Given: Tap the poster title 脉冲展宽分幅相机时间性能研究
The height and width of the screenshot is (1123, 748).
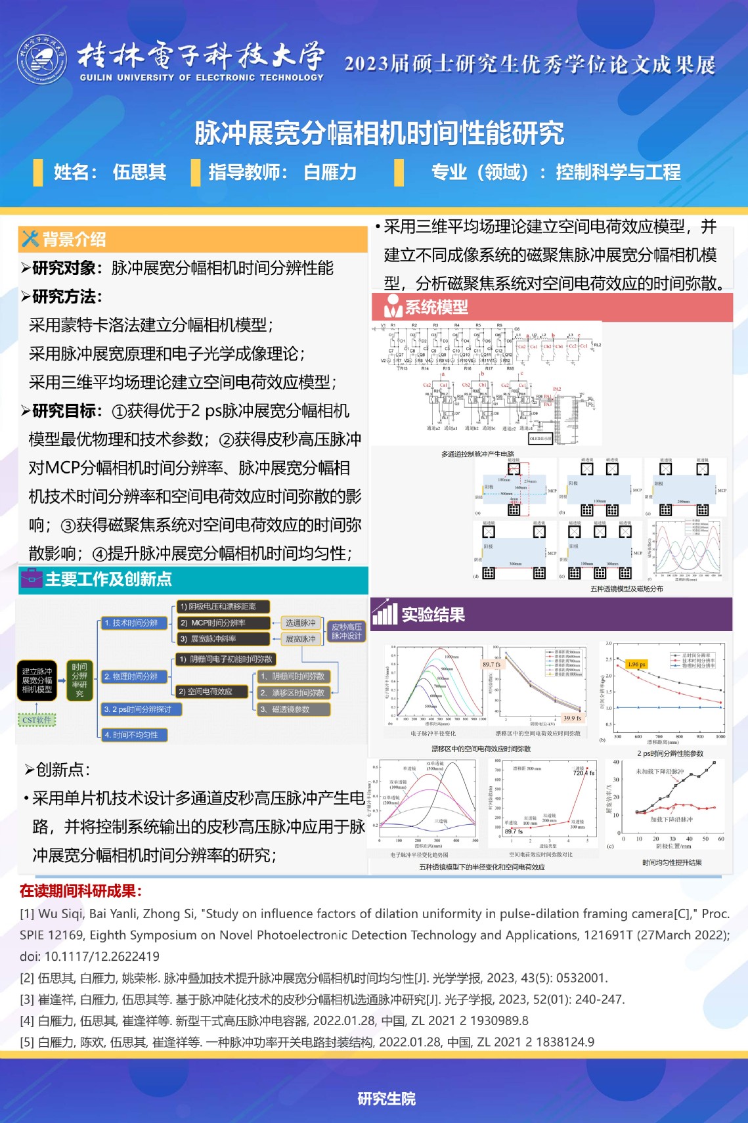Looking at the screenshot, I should point(379,133).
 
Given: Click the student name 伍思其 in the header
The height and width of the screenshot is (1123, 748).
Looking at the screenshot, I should point(139,172).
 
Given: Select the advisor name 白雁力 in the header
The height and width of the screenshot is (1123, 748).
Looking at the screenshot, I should point(330,172).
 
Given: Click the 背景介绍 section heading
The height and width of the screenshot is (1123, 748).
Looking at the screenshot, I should point(74,240).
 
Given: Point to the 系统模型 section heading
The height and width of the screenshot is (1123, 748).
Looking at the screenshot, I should point(436,307).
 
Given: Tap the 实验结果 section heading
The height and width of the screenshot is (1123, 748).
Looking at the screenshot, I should point(433,615).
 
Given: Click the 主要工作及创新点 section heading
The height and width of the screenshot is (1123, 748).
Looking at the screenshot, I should point(108,579).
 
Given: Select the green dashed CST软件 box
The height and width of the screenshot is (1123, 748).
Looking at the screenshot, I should point(37,720).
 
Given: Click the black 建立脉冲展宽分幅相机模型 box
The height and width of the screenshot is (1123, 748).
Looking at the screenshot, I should point(37,680).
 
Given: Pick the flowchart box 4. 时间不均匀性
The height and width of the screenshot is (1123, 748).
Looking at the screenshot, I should point(134,735).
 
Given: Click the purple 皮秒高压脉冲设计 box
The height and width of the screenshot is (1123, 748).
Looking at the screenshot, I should point(346,631).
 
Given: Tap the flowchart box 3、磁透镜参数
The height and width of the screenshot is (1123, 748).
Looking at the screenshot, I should point(293,709).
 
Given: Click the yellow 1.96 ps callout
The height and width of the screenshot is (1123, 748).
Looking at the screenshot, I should point(636,665).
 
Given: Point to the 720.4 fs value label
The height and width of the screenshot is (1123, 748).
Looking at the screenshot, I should point(584,773).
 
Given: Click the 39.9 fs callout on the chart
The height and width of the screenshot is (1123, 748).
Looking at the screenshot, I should point(573,718).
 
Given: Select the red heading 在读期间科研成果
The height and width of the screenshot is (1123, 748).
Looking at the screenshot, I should point(80,891).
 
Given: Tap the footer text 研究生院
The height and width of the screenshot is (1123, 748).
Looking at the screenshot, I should point(386,1099).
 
